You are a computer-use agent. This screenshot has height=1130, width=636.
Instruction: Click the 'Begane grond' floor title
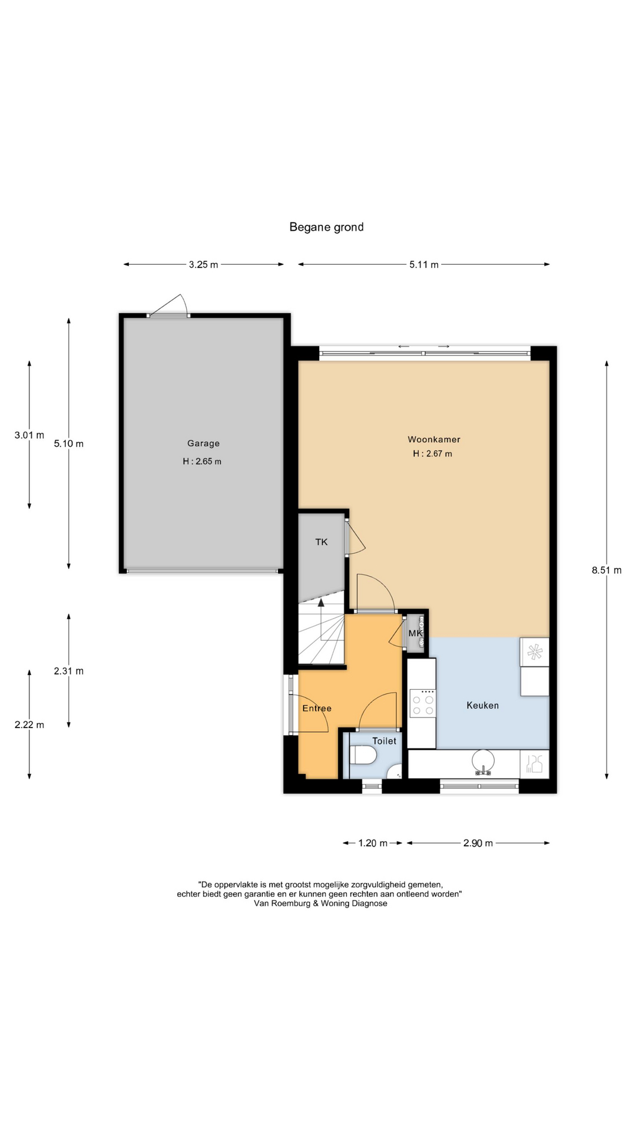(326, 227)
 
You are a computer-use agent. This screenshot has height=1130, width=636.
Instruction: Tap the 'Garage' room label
(203, 443)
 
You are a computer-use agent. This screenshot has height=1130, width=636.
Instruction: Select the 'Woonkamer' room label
(434, 439)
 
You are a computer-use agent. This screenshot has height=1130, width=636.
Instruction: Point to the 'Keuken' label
(482, 705)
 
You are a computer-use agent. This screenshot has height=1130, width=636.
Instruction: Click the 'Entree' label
(317, 708)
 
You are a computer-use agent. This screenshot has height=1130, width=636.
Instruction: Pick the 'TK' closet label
(322, 542)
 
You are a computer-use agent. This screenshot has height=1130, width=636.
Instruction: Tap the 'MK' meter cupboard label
(416, 633)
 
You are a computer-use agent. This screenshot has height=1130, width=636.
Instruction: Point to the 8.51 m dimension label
(607, 570)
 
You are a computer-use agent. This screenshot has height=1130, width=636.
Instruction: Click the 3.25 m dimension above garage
(203, 265)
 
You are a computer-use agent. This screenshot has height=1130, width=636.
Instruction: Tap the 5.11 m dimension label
(424, 265)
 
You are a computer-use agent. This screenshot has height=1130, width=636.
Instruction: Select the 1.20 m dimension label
(373, 843)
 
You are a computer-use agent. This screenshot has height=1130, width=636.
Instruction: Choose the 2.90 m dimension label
(478, 843)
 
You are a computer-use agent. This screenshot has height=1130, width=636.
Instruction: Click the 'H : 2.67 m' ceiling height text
(432, 454)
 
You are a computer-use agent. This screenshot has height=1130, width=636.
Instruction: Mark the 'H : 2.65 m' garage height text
(202, 461)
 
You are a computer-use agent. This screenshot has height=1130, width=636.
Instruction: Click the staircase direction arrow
(321, 618)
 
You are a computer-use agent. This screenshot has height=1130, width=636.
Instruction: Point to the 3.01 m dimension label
(29, 436)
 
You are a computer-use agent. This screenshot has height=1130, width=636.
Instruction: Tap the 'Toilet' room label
(384, 741)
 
